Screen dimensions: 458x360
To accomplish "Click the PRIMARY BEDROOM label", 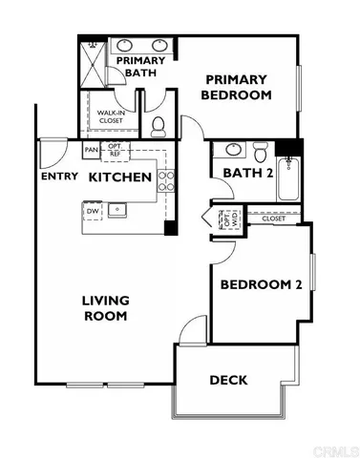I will pyautogui.click(x=237, y=88).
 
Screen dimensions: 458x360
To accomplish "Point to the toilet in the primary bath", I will pyautogui.click(x=159, y=126).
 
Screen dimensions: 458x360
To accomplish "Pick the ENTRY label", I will pyautogui.click(x=58, y=177).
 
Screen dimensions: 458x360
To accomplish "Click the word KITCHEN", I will pyautogui.click(x=120, y=177).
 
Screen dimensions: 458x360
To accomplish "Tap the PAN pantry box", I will pyautogui.click(x=92, y=150).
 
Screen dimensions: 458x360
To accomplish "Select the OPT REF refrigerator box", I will pyautogui.click(x=115, y=151).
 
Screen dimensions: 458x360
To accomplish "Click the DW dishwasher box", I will pyautogui.click(x=93, y=211).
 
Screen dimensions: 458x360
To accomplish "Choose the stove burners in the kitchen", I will pyautogui.click(x=165, y=180).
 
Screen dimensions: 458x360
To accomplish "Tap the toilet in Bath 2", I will pyautogui.click(x=259, y=151).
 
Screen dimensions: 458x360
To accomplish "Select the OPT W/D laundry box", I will pyautogui.click(x=229, y=219).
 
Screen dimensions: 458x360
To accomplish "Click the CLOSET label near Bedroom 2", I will pyautogui.click(x=273, y=219).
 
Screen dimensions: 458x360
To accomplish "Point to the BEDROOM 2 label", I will pyautogui.click(x=261, y=284).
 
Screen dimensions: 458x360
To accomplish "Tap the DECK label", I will pyautogui.click(x=228, y=380).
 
